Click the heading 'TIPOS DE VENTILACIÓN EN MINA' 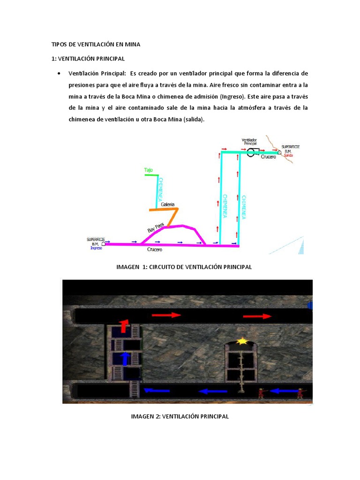[96, 45]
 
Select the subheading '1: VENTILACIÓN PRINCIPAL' [88, 59]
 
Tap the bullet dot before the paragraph [58, 74]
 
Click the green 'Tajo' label [149, 170]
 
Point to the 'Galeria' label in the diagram [167, 204]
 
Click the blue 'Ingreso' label [96, 248]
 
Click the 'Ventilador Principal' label [249, 142]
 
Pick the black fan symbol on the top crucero [253, 151]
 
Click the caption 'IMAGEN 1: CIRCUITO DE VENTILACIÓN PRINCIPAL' [184, 267]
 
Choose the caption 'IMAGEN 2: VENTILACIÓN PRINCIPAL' [180, 416]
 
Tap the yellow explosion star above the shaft [242, 341]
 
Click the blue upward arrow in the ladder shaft [125, 359]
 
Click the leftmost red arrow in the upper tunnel [166, 315]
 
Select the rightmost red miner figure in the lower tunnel [300, 393]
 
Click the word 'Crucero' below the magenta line [155, 250]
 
